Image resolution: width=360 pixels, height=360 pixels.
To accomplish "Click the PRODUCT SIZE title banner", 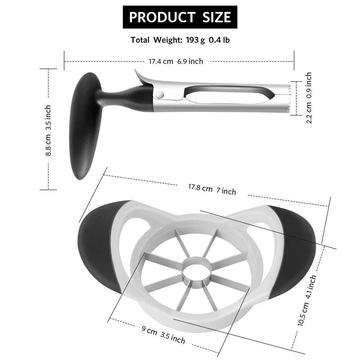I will (x=180, y=17).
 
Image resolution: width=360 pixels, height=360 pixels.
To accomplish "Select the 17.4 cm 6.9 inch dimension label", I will (x=176, y=61).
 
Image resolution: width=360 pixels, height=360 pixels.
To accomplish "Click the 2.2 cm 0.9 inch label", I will (x=309, y=98).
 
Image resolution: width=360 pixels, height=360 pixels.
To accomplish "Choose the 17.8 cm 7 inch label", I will (x=212, y=189).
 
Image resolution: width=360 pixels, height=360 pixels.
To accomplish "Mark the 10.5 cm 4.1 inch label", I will (x=307, y=301).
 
